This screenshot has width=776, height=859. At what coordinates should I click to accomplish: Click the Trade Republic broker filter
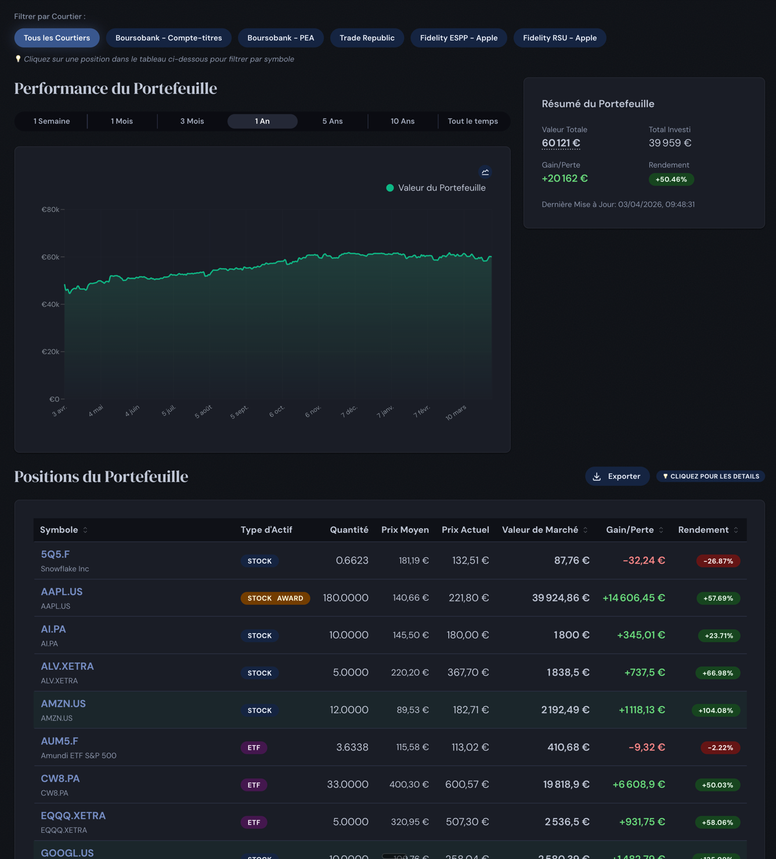pos(367,38)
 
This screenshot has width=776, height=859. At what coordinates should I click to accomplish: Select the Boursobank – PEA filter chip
pos(280,38)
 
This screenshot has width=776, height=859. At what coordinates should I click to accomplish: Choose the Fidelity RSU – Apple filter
pos(560,38)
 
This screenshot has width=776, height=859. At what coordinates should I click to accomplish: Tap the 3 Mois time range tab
pos(192,121)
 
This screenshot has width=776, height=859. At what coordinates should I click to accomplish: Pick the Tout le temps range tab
pos(472,121)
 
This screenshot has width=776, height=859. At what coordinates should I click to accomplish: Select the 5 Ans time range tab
pos(333,121)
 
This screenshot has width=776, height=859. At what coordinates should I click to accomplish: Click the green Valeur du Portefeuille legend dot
pos(390,188)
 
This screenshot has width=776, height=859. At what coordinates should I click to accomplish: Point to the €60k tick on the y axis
pos(50,257)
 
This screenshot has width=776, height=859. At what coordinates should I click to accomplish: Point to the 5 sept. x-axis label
pos(239,412)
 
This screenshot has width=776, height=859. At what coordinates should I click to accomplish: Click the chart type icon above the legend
pos(485,172)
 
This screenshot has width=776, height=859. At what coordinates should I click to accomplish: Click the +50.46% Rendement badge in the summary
pos(671,179)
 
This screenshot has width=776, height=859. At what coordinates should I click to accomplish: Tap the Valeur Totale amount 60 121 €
pos(561,143)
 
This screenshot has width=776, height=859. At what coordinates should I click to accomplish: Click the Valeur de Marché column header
pos(540,530)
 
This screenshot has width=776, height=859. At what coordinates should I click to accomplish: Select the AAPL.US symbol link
pos(62,592)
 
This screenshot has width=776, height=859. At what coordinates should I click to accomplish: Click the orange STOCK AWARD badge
pos(275,598)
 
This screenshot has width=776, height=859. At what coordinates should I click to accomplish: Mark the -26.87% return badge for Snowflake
pos(718,561)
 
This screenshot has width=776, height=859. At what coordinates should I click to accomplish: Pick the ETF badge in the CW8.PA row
pos(254,785)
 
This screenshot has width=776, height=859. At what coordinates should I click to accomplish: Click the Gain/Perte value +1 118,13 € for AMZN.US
pos(641,710)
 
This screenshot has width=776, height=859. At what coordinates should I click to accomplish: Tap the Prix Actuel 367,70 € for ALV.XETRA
pos(468,673)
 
